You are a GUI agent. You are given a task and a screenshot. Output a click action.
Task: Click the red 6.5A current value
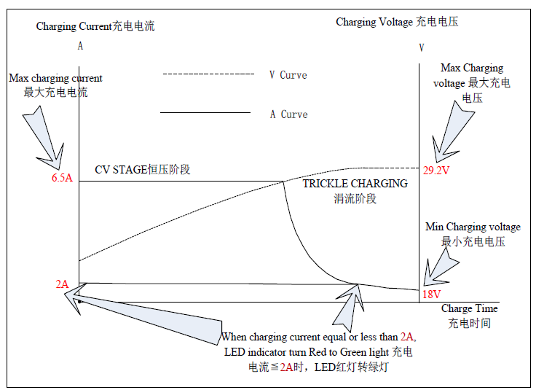click(62, 178)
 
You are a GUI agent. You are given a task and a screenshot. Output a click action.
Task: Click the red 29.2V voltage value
click(436, 171)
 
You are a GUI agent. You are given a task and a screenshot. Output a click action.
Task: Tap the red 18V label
click(431, 295)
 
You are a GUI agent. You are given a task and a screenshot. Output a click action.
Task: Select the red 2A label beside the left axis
click(62, 284)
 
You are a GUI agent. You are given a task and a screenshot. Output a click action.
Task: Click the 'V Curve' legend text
click(288, 75)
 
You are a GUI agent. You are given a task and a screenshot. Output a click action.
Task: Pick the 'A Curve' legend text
click(289, 114)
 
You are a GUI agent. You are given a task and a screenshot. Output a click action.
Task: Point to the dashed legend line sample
click(208, 74)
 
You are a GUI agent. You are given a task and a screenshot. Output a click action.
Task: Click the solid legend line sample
click(205, 112)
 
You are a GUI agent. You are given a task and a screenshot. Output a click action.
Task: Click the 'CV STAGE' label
click(121, 170)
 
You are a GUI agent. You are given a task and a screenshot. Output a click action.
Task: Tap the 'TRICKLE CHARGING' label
click(355, 184)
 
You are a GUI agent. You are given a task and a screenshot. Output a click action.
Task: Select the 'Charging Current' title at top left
click(74, 26)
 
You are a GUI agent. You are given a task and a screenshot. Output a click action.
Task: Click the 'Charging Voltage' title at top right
click(374, 22)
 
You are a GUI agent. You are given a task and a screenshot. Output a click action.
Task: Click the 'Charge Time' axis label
click(469, 308)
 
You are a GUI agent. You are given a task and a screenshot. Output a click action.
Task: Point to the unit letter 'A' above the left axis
click(80, 46)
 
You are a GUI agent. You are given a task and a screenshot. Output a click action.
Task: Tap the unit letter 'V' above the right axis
click(422, 47)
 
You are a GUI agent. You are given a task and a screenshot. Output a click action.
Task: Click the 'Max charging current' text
click(55, 78)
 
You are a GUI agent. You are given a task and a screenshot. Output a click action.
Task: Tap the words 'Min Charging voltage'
click(473, 227)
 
